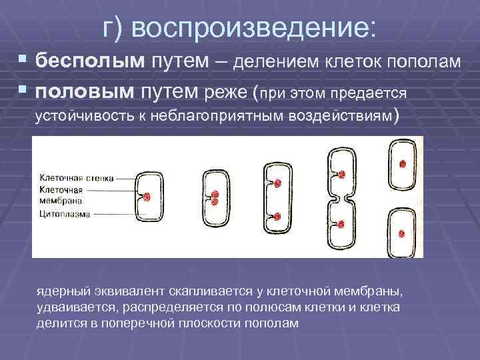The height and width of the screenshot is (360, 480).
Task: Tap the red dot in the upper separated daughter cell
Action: tap(403, 164)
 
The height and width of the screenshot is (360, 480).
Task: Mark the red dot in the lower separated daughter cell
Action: tap(403, 233)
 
